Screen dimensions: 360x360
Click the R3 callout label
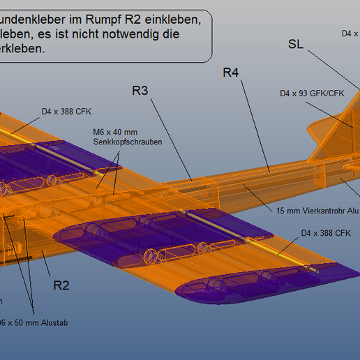(140, 90)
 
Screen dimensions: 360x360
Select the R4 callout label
(232, 72)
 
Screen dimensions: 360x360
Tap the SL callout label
(296, 44)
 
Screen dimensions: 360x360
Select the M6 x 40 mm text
(115, 133)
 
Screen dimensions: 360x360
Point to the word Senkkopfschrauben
(128, 142)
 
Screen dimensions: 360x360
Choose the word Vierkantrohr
(318, 211)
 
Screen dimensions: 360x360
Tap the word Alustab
(54, 323)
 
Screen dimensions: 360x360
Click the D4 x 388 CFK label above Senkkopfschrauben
(66, 111)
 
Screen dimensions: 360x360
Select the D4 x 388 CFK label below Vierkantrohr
(325, 233)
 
